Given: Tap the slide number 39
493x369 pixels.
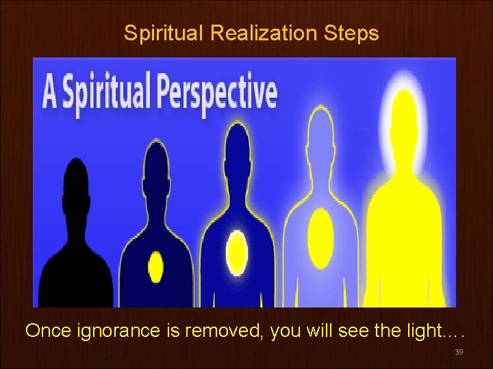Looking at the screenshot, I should coord(459,352).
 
